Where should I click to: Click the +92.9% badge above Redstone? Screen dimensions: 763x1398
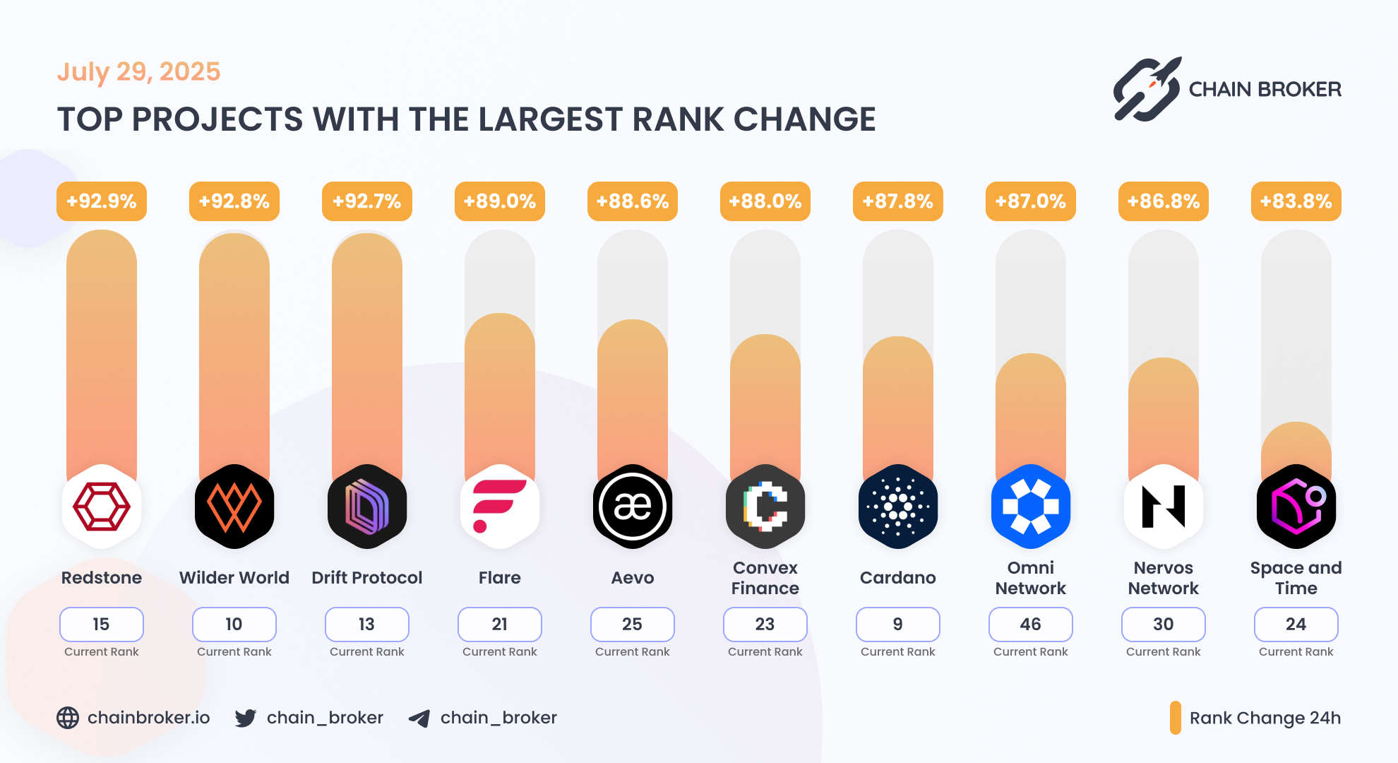click(102, 201)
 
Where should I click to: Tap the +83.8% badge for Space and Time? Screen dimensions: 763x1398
click(1296, 201)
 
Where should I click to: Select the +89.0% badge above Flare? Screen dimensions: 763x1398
click(499, 201)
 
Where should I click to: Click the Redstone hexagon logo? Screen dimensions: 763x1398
click(102, 507)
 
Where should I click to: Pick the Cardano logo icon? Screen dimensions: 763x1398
click(897, 507)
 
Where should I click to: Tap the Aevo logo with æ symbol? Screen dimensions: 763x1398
click(632, 507)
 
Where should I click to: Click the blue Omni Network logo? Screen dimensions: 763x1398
click(1030, 507)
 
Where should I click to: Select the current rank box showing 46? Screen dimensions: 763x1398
click(1030, 624)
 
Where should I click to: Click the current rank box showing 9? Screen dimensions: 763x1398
click(897, 624)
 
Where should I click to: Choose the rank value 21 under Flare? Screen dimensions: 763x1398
click(499, 624)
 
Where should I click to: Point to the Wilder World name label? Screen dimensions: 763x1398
click(234, 578)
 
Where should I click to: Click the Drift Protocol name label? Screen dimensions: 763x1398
click(366, 578)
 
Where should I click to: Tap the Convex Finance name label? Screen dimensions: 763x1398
click(765, 578)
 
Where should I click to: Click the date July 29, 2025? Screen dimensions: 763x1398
click(138, 71)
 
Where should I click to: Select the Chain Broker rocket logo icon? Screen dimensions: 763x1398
click(1147, 89)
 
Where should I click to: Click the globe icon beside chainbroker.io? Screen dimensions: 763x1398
click(68, 718)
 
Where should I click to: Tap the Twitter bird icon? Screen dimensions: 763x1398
click(245, 718)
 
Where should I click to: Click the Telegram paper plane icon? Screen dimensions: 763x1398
click(419, 718)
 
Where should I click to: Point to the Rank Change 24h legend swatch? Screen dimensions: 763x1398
click(1175, 718)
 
